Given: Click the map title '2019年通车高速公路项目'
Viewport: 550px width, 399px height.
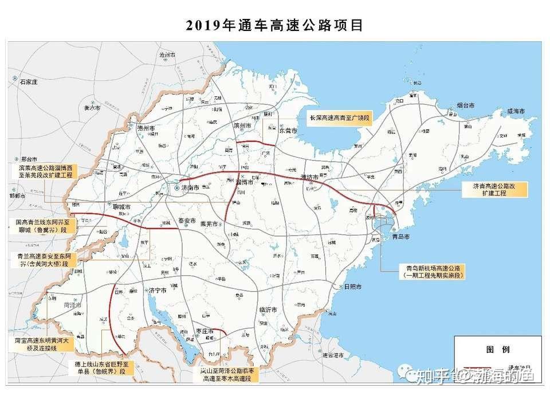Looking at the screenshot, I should pos(274,26).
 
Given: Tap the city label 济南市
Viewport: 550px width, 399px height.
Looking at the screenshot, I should pos(188,187).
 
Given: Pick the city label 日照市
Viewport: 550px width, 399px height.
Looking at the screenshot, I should pos(353,287).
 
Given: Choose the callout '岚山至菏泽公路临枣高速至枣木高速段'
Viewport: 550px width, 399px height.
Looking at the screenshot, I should pos(226,375).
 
